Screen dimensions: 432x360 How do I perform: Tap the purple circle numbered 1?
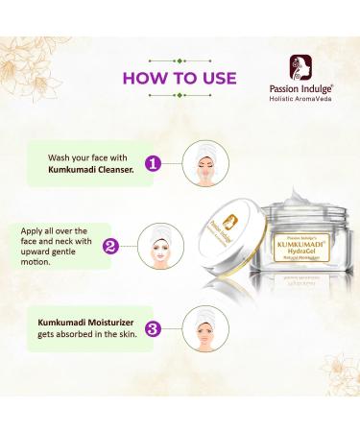tap(151, 163)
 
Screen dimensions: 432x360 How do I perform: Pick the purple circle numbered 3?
tap(151, 327)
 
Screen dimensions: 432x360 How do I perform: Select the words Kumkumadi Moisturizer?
tap(80, 321)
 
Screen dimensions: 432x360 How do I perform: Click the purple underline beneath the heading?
tap(180, 97)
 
